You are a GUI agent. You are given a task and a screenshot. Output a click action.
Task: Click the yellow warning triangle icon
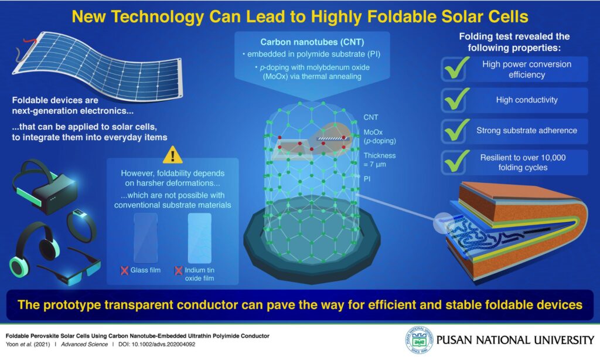(173, 155)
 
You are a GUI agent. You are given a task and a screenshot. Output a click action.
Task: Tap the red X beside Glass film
(124, 270)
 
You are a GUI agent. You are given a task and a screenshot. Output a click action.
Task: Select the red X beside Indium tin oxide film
(178, 270)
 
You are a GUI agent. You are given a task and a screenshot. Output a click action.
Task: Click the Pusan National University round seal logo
(419, 339)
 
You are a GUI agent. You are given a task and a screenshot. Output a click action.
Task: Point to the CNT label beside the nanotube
(371, 117)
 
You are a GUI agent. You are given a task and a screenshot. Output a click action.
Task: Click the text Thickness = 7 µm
(380, 160)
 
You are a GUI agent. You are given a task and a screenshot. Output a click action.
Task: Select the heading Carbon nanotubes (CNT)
(312, 42)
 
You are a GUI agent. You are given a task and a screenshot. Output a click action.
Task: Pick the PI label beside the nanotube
(367, 179)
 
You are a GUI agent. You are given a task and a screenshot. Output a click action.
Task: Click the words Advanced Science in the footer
(84, 344)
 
